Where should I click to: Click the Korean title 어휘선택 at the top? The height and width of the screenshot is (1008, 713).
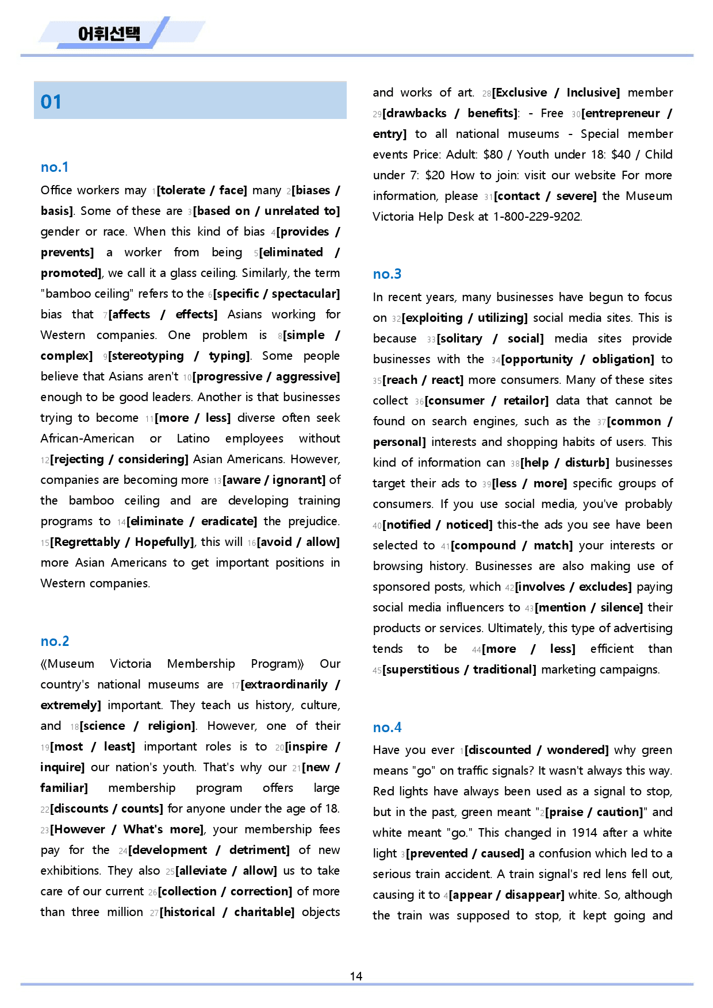coord(109,33)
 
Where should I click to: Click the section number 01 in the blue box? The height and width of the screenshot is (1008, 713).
coord(51,102)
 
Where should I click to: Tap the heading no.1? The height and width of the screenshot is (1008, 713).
coord(55,167)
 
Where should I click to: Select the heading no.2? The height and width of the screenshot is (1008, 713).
coord(55,641)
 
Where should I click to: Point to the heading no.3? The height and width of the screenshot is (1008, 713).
coord(387,274)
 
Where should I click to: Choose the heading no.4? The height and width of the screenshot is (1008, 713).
coord(387,728)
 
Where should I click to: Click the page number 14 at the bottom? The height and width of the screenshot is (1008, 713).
coord(356,976)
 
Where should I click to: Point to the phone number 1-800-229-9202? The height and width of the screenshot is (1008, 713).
coord(537,217)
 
